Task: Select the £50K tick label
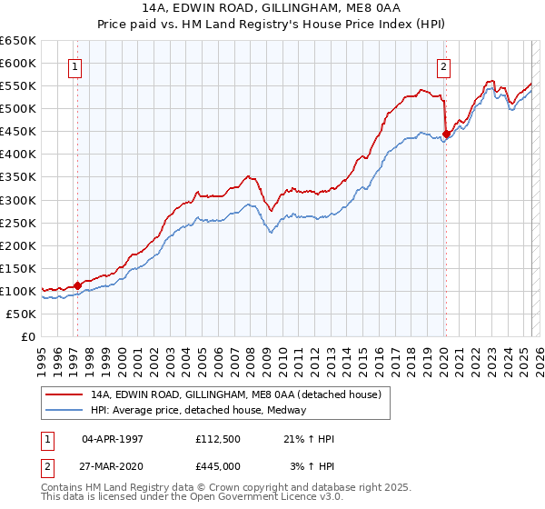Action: [22, 314]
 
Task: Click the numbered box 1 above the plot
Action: [74, 65]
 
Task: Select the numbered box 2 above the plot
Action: [443, 65]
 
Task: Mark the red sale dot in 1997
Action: [77, 284]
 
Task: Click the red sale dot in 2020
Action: [446, 134]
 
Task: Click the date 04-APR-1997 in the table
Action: [113, 439]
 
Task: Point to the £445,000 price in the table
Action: [217, 465]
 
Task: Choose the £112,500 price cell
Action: [217, 439]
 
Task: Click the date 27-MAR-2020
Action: [113, 465]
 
